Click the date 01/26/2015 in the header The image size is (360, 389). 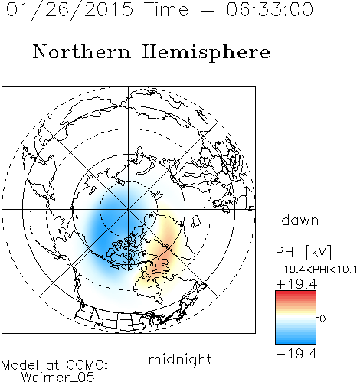click(70, 10)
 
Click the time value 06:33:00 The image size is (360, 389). click(270, 9)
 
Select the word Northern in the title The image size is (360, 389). click(82, 52)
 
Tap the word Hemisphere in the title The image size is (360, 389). click(206, 53)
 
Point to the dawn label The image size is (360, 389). click(300, 220)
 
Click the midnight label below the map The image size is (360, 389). click(180, 359)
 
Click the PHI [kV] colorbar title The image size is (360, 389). click(303, 252)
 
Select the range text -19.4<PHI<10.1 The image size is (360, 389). click(316, 270)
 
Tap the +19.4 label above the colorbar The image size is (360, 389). click(296, 284)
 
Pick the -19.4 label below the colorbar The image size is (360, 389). click(296, 354)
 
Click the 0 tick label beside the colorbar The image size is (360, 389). click(322, 319)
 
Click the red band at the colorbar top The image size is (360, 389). click(296, 293)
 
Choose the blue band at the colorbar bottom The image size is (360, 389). click(296, 341)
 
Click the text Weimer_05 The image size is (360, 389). click(58, 378)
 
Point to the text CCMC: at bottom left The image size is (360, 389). click(87, 365)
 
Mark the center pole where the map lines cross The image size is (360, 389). click(129, 210)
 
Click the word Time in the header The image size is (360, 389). click(166, 9)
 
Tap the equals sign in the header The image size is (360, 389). click(207, 10)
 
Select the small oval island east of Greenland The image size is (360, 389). click(196, 221)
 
